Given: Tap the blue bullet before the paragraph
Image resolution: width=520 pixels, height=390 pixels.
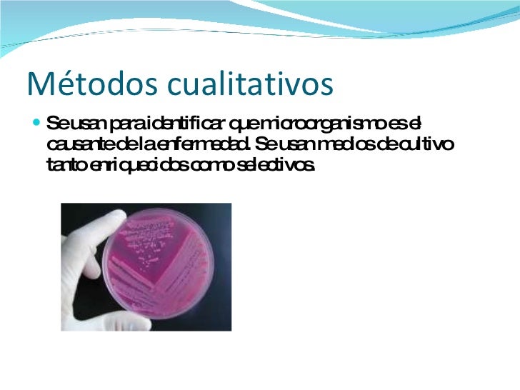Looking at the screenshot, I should tap(36, 124).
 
